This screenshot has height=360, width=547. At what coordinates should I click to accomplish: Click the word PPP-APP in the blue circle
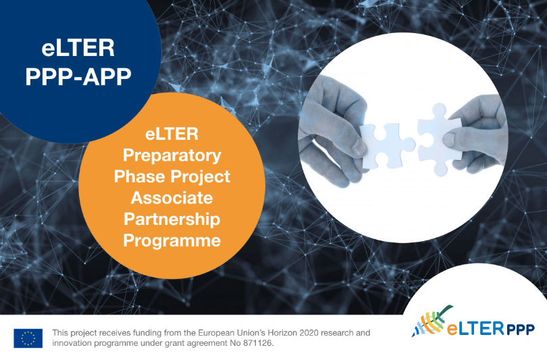point(78,76)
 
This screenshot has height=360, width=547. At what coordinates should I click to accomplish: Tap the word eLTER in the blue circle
point(78,48)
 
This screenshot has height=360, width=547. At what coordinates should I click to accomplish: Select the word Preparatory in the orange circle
point(172,155)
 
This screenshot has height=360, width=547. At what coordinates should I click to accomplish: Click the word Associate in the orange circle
point(172,198)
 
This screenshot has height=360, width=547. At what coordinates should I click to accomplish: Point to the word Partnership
point(172,220)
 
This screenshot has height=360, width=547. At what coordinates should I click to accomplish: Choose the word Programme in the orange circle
point(172,241)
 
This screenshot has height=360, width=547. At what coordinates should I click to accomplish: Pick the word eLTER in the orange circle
point(172,134)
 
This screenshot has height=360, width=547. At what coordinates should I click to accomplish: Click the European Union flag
point(28,338)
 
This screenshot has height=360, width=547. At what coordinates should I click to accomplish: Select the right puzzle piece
point(438,138)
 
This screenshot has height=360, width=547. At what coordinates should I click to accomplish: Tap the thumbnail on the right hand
point(449,140)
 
